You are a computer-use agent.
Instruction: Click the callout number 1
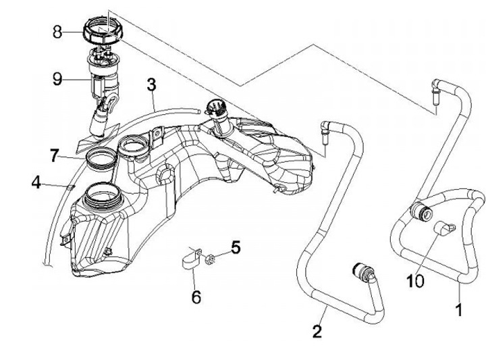pos(460,310)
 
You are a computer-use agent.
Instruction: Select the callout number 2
pos(317,331)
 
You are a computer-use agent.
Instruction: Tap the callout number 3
pos(151,84)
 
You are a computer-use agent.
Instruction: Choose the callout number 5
pos(235,247)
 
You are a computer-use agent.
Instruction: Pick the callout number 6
pos(196,296)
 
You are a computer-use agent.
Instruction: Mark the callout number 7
pos(55,155)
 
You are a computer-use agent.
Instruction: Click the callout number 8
pos(57,31)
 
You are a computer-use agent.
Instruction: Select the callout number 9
pos(58,79)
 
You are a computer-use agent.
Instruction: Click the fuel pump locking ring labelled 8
pos(103,31)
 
